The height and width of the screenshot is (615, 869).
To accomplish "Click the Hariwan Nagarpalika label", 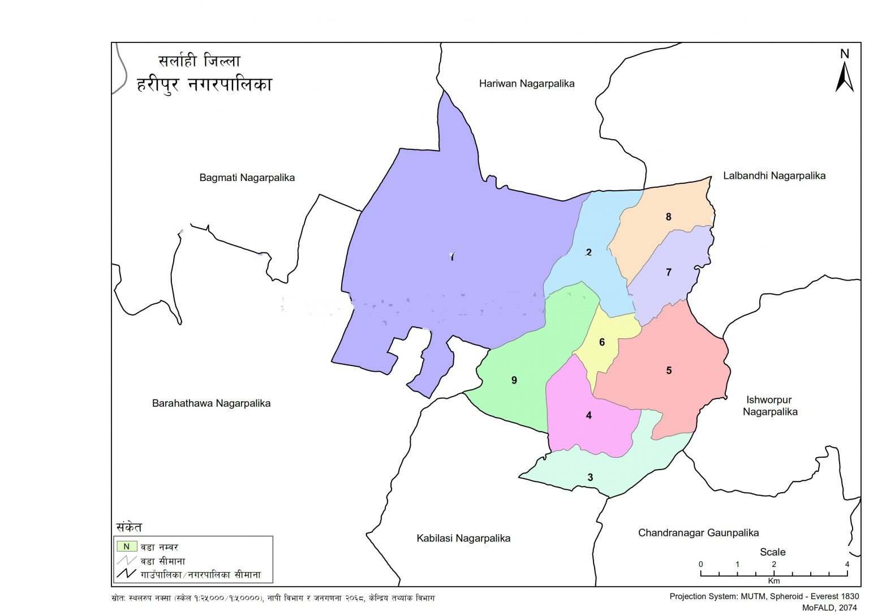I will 526,84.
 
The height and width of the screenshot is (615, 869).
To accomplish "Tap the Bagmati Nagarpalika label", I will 247,178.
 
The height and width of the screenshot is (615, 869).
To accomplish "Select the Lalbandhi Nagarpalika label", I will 774,176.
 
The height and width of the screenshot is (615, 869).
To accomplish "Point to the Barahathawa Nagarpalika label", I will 211,403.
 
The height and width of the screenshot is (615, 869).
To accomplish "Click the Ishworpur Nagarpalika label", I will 769,406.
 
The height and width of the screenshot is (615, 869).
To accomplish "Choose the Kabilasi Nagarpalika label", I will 463,538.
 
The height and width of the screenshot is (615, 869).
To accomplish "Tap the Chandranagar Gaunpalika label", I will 698,532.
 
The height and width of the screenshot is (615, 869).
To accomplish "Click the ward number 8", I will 668,217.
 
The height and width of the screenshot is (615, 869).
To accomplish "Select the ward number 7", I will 668,272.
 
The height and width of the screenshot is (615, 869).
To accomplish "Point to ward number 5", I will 668,371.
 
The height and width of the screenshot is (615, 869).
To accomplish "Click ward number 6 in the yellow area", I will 601,342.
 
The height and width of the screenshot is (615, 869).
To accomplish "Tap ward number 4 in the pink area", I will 588,415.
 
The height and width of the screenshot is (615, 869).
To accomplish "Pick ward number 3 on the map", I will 590,478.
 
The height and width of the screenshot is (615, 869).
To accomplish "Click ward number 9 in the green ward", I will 514,380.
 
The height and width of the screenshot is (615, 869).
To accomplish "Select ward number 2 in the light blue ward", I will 588,252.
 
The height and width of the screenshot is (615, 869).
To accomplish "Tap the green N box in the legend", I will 127,547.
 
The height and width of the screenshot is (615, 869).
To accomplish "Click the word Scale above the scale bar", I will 772,552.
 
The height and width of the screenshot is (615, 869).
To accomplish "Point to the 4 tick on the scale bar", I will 847,565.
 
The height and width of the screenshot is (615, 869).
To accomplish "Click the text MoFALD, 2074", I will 829,608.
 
